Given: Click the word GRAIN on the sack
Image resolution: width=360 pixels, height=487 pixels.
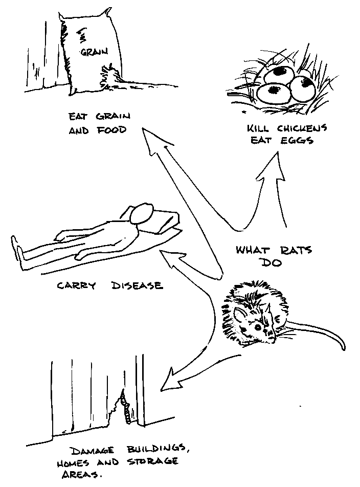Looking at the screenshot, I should coord(92,52).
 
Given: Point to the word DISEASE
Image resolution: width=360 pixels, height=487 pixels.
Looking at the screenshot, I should coord(137,285).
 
